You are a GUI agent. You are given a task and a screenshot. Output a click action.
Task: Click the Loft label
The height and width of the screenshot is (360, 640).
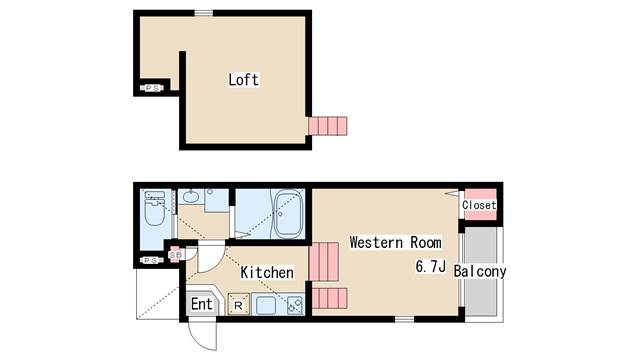(x=244, y=80)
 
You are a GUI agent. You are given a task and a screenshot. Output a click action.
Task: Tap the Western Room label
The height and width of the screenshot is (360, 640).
(x=396, y=242)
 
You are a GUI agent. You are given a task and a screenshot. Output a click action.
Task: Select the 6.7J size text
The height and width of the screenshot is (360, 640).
(x=430, y=267)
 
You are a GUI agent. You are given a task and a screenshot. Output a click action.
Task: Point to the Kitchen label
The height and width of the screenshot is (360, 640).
(x=267, y=272)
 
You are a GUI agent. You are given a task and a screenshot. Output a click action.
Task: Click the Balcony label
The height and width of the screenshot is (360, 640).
(x=480, y=271)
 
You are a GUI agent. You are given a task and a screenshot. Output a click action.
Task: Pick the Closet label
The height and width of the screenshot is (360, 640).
(x=479, y=205)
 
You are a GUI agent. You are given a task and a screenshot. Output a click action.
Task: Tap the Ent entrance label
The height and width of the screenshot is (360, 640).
(x=202, y=304)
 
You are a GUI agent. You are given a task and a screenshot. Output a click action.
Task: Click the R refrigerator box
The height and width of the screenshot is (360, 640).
(x=238, y=304)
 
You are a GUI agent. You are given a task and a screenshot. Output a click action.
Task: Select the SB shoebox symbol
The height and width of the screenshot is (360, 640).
(x=176, y=255)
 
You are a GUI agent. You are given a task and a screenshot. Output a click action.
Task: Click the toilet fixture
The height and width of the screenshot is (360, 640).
(x=154, y=209)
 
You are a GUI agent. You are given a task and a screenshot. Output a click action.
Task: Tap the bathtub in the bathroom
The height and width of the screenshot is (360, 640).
(x=289, y=214)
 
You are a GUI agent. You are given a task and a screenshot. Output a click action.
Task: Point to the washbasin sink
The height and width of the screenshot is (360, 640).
(x=191, y=197)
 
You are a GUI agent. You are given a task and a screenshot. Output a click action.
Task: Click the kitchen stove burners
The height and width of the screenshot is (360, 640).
(x=295, y=305)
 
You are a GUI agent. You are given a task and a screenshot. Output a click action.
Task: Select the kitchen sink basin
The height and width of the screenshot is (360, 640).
(x=266, y=304)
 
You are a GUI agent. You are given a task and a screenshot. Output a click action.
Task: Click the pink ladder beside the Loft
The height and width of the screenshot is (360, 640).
(x=328, y=126)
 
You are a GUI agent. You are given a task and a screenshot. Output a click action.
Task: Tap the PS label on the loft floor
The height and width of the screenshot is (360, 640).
(x=152, y=88)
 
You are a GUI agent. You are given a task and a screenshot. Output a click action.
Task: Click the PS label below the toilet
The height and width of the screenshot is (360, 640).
(x=151, y=260)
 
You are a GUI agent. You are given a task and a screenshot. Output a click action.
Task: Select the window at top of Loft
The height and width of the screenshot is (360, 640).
(x=204, y=13)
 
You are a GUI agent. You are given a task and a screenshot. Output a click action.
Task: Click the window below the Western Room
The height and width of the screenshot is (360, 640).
(x=404, y=319)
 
